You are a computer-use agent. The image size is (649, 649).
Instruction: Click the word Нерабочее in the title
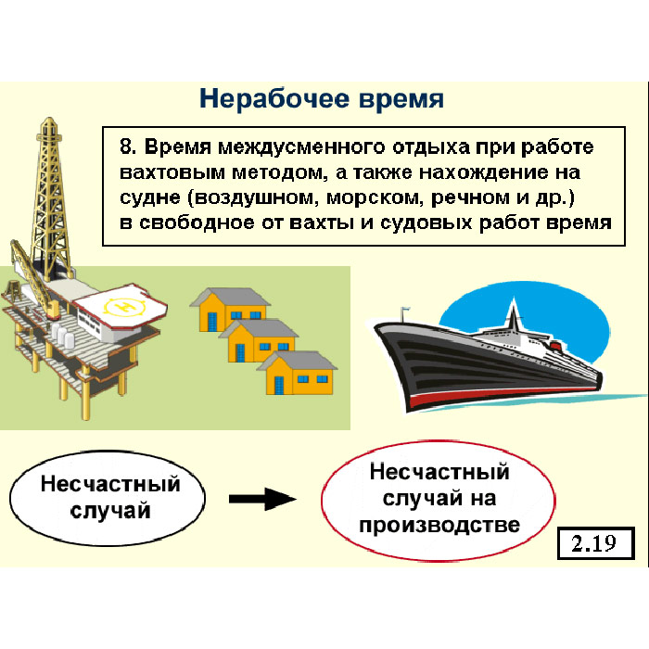(274, 98)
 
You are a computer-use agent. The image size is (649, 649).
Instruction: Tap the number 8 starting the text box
(127, 146)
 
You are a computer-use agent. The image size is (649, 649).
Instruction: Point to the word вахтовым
(172, 172)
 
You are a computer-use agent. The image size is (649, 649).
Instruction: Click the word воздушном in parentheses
(256, 197)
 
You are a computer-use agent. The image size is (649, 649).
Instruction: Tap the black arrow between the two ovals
(262, 499)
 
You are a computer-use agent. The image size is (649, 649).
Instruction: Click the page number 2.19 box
(595, 543)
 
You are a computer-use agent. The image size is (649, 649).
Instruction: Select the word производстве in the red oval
(439, 526)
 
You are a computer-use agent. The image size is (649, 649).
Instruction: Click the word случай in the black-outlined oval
(110, 511)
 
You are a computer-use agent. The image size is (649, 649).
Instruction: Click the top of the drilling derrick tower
(49, 119)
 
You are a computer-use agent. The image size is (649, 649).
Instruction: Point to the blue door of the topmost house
(212, 322)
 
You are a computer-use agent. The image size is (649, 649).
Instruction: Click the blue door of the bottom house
(279, 385)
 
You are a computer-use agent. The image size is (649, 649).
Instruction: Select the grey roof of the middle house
(259, 329)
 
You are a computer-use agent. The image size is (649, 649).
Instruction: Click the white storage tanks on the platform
(62, 335)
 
